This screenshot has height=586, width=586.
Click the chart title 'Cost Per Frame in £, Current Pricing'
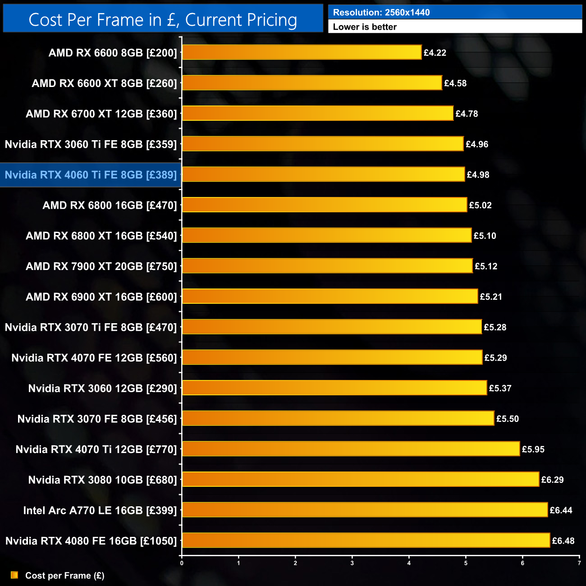point(163,20)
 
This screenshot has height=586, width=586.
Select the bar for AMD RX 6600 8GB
point(302,52)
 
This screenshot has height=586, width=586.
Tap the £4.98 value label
point(478,175)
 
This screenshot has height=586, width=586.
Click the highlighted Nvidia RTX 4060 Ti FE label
point(91,175)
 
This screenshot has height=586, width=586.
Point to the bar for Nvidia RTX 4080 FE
point(366,540)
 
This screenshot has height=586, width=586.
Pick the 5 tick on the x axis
point(466,563)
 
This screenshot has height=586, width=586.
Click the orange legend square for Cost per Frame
point(14,575)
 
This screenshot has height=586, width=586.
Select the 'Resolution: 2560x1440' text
point(381,13)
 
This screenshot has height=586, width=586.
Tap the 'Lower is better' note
point(365,27)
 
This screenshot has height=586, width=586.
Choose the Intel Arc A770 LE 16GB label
point(100,510)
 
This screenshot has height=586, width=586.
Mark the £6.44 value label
point(561,510)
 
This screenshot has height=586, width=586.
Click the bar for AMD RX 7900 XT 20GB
point(327,266)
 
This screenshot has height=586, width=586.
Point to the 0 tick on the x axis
point(182,563)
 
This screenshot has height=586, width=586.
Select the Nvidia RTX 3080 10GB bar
point(361,479)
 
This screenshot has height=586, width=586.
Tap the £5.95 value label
point(533,449)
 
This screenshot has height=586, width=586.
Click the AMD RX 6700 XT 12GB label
point(101,114)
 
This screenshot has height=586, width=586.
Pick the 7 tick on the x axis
point(579,563)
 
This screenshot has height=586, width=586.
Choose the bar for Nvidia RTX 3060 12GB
point(334,388)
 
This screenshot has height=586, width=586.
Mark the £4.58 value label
point(455,83)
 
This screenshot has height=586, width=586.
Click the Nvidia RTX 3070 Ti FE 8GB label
point(91,327)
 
